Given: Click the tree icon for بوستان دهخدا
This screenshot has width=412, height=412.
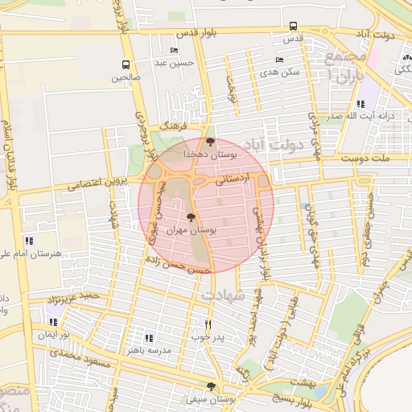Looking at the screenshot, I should [x=211, y=142].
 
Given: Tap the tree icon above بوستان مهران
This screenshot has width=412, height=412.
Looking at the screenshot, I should [x=191, y=217].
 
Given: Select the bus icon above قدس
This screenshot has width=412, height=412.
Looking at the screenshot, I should [x=293, y=26].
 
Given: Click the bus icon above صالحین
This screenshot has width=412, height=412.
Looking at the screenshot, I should [x=126, y=64].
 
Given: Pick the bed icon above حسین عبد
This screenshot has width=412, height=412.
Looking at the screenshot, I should [x=175, y=50].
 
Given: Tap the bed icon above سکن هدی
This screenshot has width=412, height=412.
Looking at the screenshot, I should [x=279, y=60].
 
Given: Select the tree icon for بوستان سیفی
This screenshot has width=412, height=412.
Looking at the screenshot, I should [x=212, y=386].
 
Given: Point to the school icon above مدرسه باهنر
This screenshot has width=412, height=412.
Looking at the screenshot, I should [x=149, y=338].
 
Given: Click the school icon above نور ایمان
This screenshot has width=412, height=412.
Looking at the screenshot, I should [x=53, y=322].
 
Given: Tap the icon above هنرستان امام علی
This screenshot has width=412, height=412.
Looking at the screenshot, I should [x=29, y=240].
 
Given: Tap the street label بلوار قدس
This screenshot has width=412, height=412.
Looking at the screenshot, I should [x=217, y=34].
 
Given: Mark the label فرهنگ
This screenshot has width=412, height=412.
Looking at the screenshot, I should [x=172, y=127].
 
